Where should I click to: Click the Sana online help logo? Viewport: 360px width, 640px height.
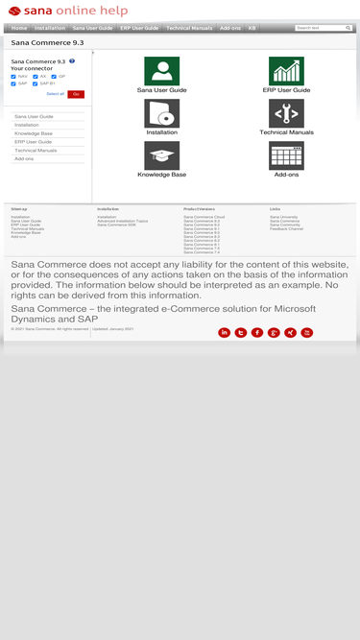point(67,11)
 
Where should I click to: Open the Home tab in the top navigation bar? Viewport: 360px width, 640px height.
point(19,29)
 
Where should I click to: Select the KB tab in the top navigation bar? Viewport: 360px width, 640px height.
point(252,29)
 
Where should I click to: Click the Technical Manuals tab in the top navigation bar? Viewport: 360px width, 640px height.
point(189,29)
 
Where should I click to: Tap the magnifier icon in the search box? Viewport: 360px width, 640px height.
point(348,28)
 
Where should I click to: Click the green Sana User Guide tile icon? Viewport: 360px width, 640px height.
point(161,71)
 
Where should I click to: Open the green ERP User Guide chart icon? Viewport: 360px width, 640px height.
point(286,71)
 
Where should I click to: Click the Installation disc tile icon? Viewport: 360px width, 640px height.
point(161,113)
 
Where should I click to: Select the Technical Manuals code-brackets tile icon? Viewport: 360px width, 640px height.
point(286,113)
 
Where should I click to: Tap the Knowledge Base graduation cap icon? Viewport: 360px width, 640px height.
point(161,155)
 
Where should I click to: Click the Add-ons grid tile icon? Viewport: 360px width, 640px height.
point(286,155)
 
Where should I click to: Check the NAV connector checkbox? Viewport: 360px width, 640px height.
point(13,76)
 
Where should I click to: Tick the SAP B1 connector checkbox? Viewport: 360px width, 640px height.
point(35,83)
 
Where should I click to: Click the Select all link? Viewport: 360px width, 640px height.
point(55,94)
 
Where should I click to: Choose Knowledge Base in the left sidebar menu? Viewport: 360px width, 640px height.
point(34,133)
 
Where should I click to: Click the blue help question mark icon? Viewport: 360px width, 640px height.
point(72,61)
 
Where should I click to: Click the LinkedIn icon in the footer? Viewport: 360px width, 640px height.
point(225,332)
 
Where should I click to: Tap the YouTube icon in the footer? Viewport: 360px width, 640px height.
point(307,332)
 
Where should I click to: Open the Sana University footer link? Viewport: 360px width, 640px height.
point(284,217)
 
